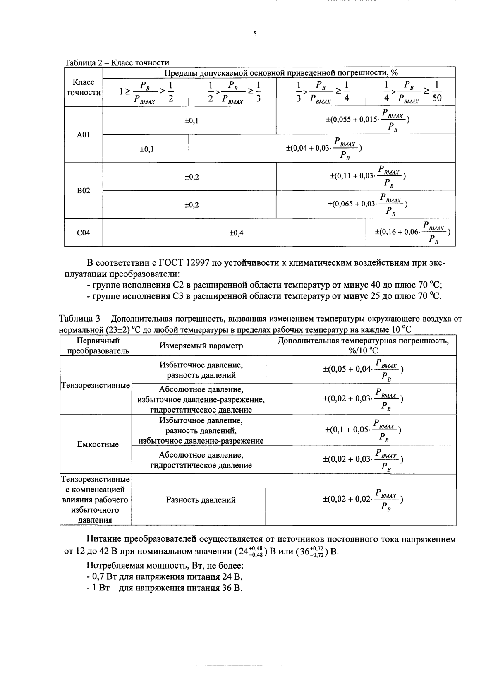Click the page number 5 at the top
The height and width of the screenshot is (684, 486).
click(x=255, y=34)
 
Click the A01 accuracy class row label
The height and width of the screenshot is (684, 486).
click(x=84, y=135)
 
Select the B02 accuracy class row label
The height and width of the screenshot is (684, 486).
click(x=84, y=191)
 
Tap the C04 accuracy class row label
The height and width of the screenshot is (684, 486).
click(x=84, y=233)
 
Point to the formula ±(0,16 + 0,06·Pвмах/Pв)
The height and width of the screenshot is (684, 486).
click(x=412, y=233)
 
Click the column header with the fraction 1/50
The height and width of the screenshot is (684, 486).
click(x=411, y=92)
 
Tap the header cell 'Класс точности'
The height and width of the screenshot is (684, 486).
click(x=84, y=88)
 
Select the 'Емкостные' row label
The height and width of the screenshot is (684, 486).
click(x=98, y=444)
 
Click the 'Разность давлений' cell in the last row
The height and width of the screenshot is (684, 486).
click(x=201, y=500)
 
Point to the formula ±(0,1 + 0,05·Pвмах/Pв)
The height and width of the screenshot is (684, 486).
click(x=363, y=430)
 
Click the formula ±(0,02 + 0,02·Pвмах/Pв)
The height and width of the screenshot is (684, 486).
click(x=363, y=500)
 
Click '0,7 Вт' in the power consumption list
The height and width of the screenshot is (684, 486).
click(x=103, y=577)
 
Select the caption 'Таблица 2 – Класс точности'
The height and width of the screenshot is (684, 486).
click(x=117, y=62)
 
